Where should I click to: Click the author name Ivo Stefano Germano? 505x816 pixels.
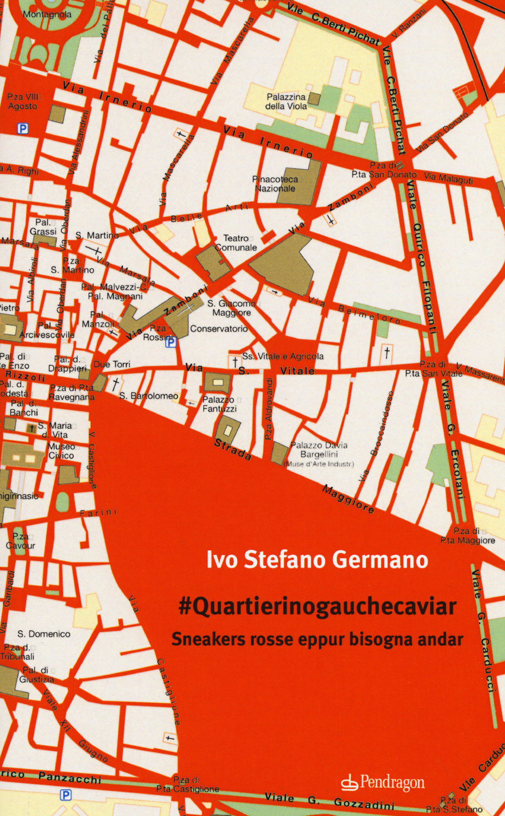[317, 560]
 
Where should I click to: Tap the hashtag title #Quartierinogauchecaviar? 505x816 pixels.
[318, 606]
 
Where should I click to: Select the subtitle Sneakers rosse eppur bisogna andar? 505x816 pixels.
[317, 639]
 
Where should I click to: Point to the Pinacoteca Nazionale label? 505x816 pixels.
[275, 184]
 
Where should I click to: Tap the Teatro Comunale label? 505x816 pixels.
[236, 243]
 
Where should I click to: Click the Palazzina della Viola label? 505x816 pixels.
[286, 101]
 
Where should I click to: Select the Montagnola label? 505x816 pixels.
[47, 14]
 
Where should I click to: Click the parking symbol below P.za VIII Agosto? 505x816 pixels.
[22, 129]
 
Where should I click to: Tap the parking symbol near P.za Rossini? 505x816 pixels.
[171, 342]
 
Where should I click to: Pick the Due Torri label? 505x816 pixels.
[112, 364]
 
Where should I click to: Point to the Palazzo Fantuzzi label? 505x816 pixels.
[219, 404]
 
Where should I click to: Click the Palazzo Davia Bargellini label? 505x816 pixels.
[319, 450]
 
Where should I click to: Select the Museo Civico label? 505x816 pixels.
[61, 451]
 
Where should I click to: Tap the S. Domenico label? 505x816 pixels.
[44, 634]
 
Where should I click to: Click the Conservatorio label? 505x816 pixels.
[219, 329]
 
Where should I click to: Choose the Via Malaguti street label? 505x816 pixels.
[448, 178]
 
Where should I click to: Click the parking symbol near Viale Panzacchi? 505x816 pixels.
[66, 795]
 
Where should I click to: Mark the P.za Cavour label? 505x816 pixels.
[21, 541]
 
